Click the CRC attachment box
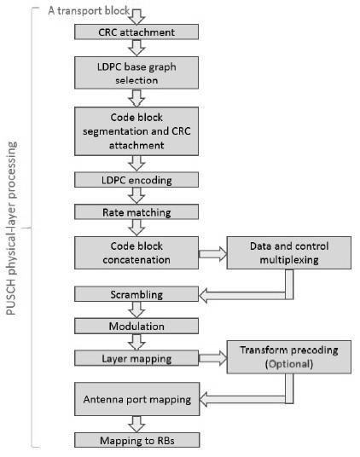tap(136, 32)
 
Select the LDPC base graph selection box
tap(136, 72)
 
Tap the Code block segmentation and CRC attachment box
tap(136, 130)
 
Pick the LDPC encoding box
tap(136, 180)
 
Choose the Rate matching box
tap(136, 212)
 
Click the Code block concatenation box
tap(136, 252)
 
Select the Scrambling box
tap(136, 294)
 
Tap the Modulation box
tap(136, 326)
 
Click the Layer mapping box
tap(136, 358)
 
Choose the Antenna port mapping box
tap(136, 398)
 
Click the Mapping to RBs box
tap(136, 440)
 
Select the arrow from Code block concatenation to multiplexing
tap(212, 253)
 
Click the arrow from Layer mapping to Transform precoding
tap(212, 358)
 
